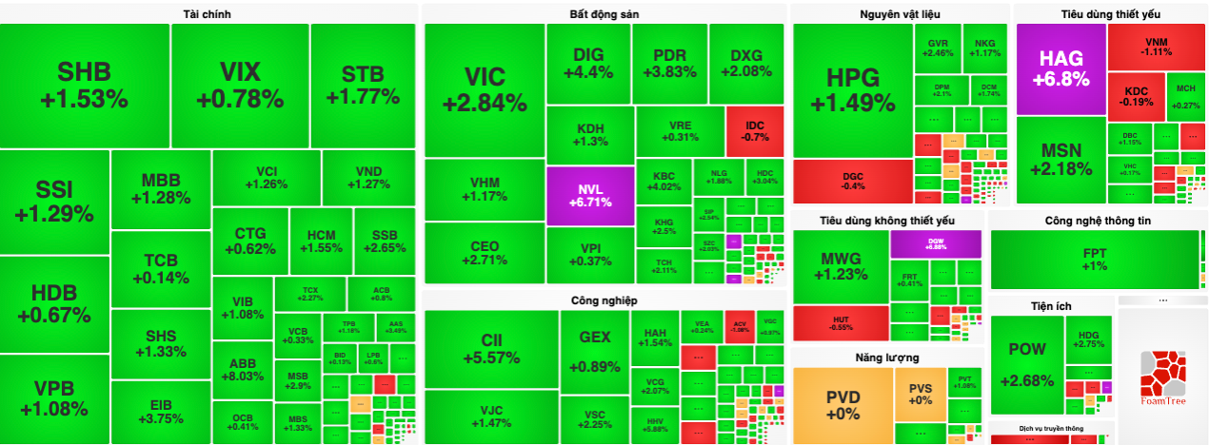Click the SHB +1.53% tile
pos(85,86)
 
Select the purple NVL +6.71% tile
pos(590,195)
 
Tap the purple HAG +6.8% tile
pos(1060,69)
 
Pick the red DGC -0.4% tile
pos(853,181)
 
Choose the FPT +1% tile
pos(1094,260)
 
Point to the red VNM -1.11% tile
pos(1157,47)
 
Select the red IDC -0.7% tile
pos(755,131)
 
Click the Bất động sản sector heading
pos(604,14)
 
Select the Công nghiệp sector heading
pos(604,300)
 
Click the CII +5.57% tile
pos(491,349)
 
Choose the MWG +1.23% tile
pos(841,266)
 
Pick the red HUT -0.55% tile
pos(841,322)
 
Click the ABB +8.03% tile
pos(243,369)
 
